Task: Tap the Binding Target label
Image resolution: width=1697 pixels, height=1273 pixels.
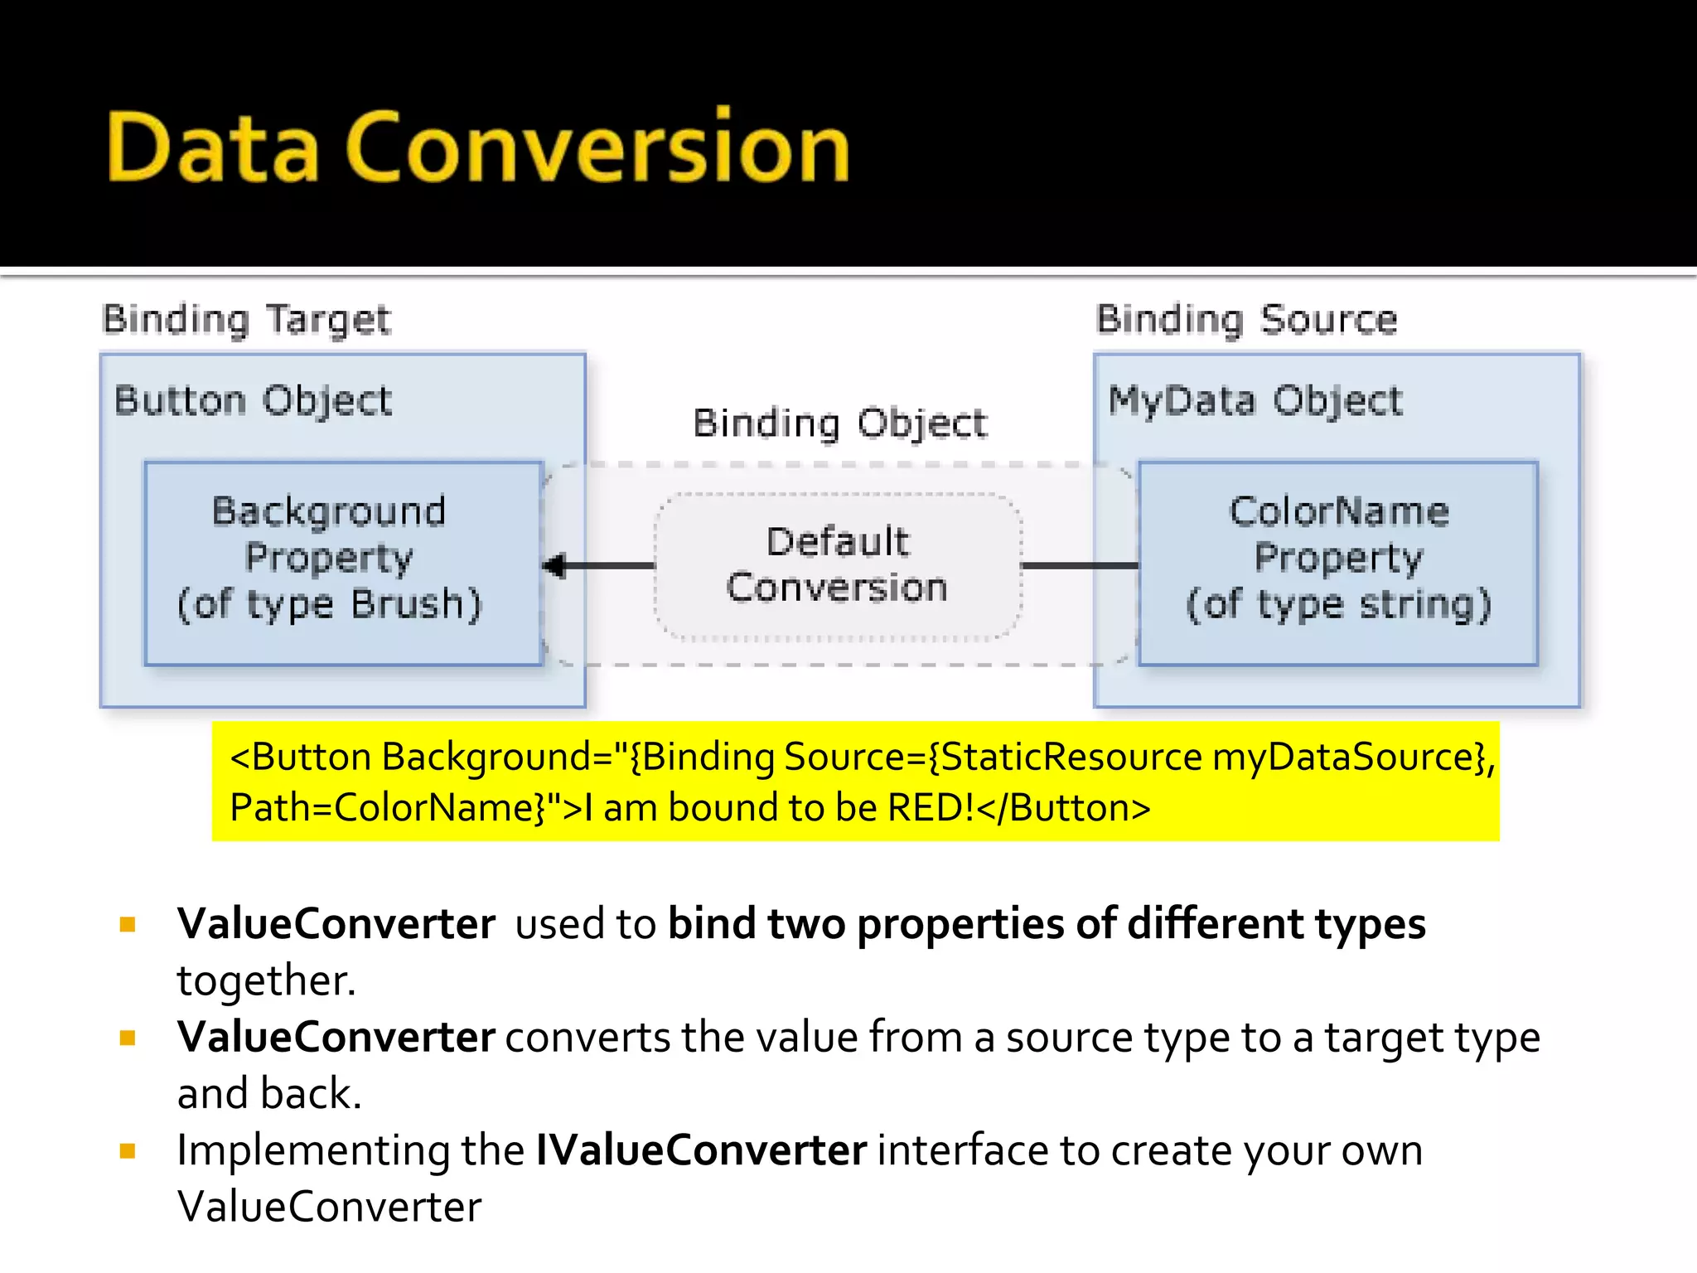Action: (x=246, y=320)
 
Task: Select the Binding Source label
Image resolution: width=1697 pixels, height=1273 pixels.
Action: (x=1246, y=320)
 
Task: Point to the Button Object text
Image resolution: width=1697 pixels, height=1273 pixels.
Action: (x=253, y=401)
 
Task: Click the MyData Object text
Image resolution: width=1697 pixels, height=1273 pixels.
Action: (x=1255, y=401)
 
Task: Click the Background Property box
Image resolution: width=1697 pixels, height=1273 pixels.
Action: (x=343, y=564)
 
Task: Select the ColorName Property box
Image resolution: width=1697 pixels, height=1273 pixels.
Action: (x=1337, y=564)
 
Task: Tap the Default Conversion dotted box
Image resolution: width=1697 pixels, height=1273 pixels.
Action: (x=837, y=565)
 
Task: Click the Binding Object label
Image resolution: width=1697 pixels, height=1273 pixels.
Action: (x=839, y=424)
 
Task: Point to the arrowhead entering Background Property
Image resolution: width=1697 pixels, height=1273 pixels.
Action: (x=554, y=566)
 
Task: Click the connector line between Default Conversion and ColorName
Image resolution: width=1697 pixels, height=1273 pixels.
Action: (x=1080, y=565)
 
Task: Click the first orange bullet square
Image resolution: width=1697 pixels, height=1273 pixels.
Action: (x=128, y=924)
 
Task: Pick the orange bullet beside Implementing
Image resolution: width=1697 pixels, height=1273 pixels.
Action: (x=128, y=1150)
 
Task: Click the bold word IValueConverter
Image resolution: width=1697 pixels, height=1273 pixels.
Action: (x=700, y=1150)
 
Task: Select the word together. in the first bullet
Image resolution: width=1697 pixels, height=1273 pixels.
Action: (x=266, y=980)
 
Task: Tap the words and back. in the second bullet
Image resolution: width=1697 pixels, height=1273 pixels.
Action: (x=269, y=1094)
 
